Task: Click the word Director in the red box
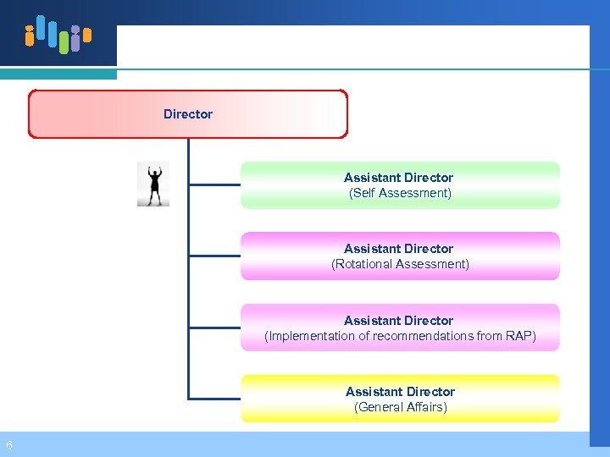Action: pos(188,114)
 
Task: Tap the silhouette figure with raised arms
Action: pos(153,184)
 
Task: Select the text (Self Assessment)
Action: pos(400,193)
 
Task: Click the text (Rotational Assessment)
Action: pos(400,264)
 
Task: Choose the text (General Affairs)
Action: pos(400,407)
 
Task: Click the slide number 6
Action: pos(8,445)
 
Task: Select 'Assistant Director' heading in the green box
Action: pos(398,178)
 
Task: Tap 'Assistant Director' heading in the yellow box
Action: pos(400,392)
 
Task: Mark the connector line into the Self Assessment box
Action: pos(214,184)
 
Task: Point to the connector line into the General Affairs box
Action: pos(214,398)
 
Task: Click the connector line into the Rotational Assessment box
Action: pos(214,255)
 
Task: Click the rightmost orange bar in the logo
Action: pos(86,36)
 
